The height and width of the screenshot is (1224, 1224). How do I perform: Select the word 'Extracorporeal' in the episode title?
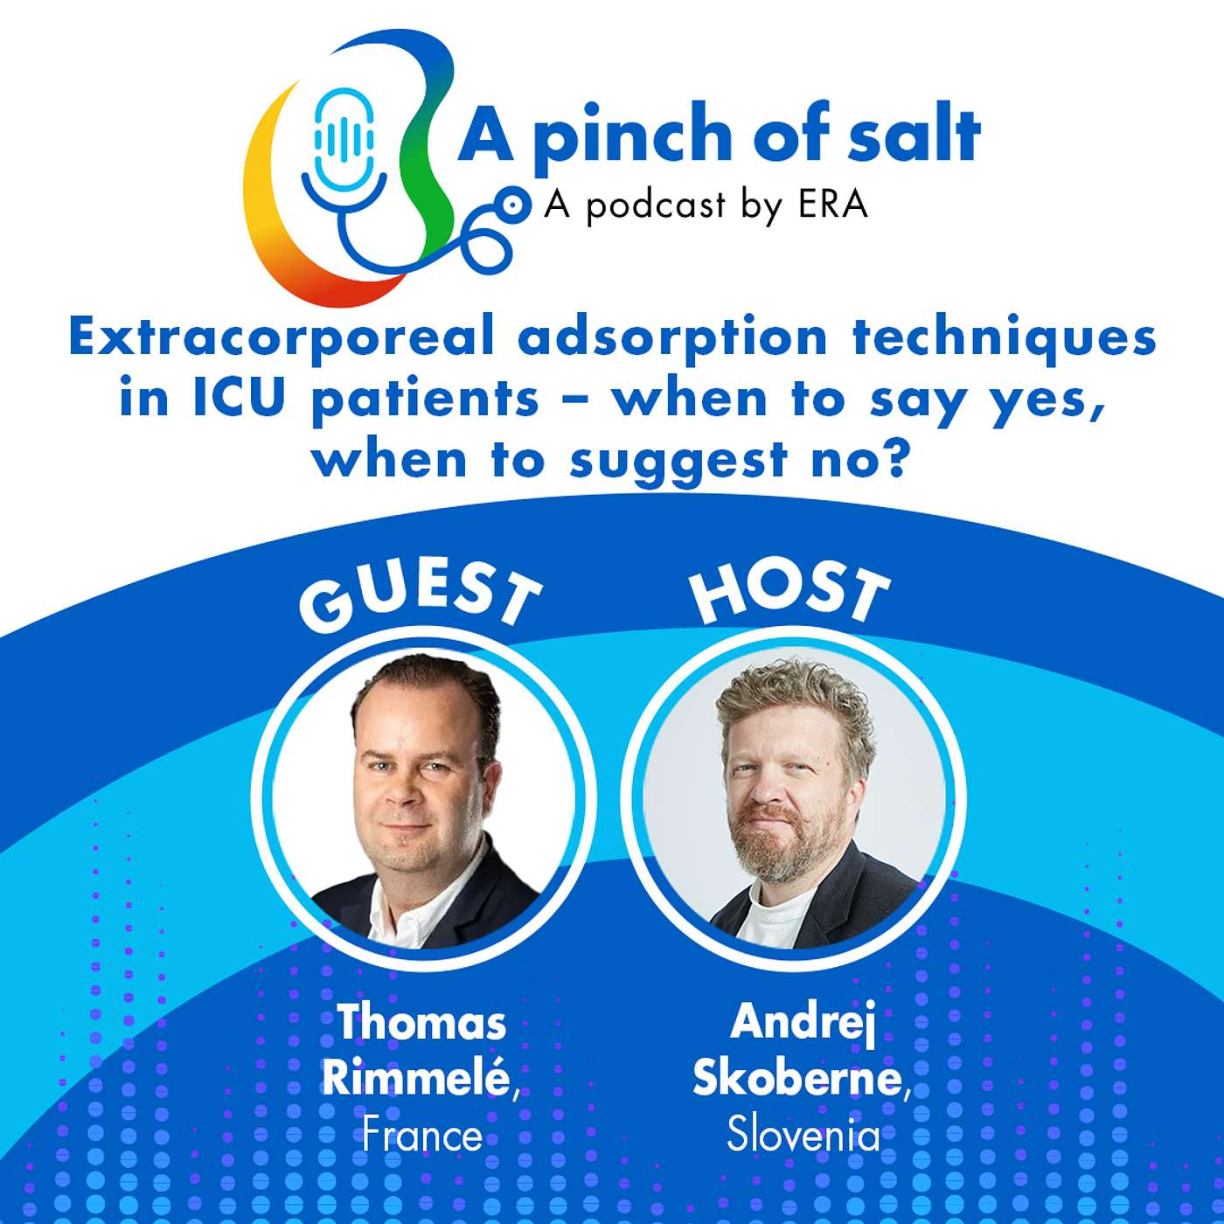282,337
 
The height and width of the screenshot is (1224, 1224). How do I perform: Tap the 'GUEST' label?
420,599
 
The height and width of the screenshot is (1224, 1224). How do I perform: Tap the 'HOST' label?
789,593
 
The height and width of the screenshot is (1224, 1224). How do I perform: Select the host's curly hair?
791,699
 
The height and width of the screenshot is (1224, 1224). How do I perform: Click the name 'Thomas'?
422,1022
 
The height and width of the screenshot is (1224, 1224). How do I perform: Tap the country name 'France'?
422,1136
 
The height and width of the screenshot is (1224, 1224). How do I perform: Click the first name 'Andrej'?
803,1021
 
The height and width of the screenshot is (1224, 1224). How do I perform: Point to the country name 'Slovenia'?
803,1135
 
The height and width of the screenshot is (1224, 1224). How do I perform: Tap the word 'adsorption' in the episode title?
671,337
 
